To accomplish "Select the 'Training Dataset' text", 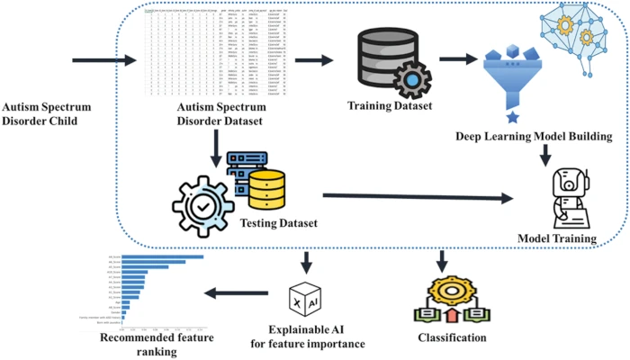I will point(389,106).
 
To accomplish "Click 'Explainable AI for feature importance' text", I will point(308,338).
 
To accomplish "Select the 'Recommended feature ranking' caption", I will point(150,346).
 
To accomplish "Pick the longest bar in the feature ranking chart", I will point(163,256).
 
